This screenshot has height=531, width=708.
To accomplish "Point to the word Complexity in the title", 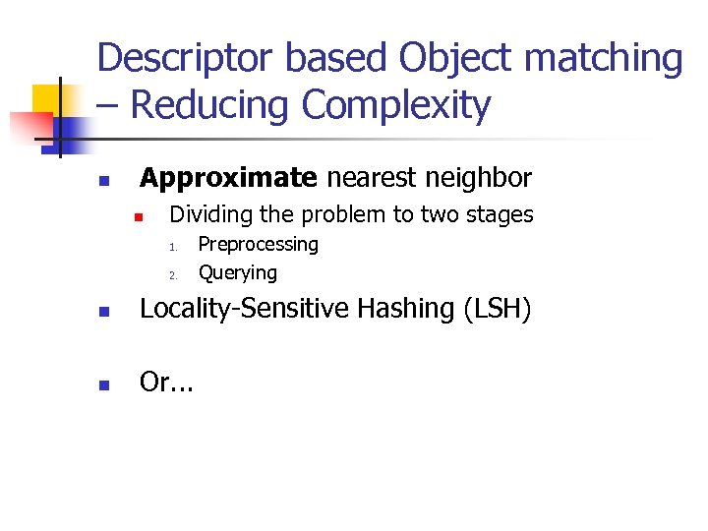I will [396, 104].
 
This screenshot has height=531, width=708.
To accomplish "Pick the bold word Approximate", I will [228, 178].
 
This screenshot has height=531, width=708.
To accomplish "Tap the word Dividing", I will [210, 214].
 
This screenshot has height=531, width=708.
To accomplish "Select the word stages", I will [500, 214].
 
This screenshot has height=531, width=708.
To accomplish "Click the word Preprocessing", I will [258, 244].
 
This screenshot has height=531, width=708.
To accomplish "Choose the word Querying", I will [237, 272].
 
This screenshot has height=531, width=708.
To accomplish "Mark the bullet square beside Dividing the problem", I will [140, 216].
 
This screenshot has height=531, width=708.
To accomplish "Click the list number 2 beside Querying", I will [170, 274].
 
